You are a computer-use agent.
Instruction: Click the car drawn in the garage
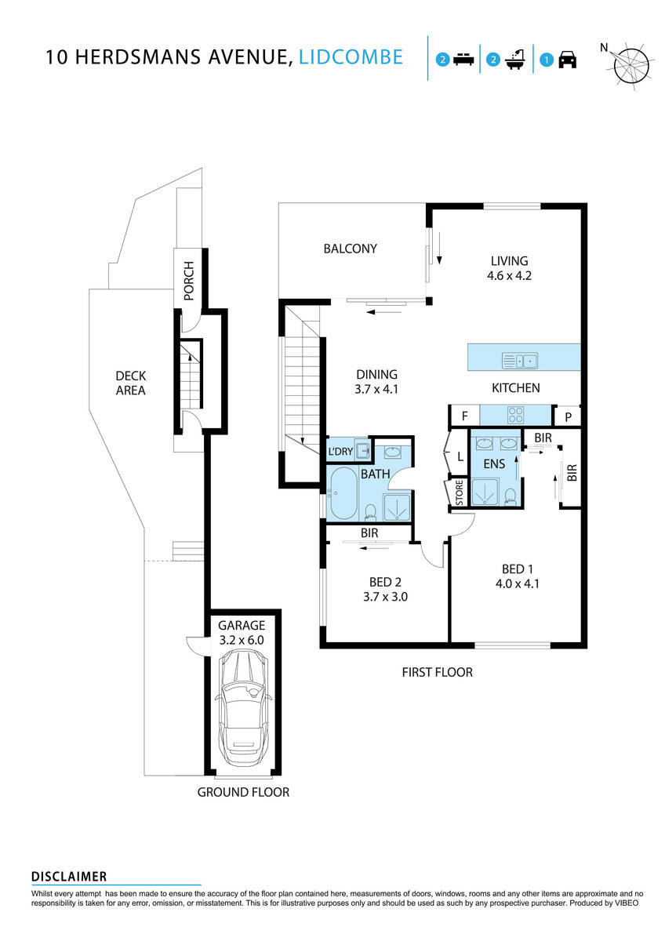243,714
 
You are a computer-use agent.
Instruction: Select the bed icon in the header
465,60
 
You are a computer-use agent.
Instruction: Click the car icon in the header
567,60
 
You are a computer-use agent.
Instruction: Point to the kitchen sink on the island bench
520,361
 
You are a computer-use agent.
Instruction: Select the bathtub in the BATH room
343,494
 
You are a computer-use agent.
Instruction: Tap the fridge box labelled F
463,416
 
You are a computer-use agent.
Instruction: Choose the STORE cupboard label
456,494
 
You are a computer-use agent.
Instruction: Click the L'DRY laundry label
340,452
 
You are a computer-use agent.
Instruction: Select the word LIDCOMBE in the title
352,57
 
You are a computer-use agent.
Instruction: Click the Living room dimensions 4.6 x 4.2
510,276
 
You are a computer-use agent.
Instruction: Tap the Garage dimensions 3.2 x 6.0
242,640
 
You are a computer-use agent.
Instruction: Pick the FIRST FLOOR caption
437,672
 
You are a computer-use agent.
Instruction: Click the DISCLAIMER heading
69,877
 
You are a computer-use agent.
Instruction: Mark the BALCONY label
351,249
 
